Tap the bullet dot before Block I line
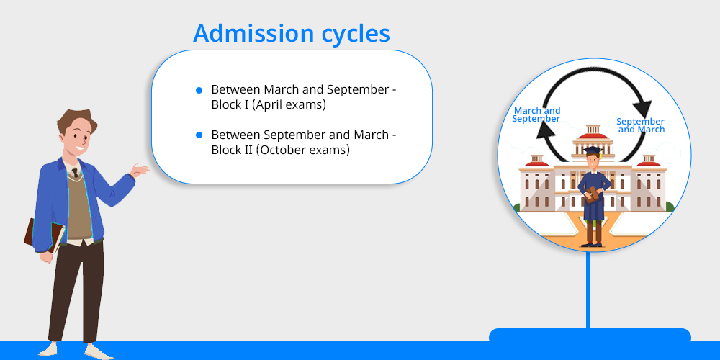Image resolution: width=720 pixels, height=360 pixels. point(199,91)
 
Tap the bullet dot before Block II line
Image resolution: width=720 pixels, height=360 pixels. point(199,135)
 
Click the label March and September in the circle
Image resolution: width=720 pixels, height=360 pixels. point(536,114)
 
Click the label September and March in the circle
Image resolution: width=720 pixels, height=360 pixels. point(641,125)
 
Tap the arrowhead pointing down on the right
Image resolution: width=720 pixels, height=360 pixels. point(642,109)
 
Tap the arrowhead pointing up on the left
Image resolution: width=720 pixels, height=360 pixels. point(545,133)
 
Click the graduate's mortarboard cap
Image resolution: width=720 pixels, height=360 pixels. point(593,150)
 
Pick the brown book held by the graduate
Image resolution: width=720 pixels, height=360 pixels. point(592,194)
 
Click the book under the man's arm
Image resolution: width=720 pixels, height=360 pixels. point(44,235)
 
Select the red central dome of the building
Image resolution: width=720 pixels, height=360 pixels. point(593,136)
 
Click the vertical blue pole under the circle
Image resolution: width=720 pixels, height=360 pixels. point(588,289)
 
